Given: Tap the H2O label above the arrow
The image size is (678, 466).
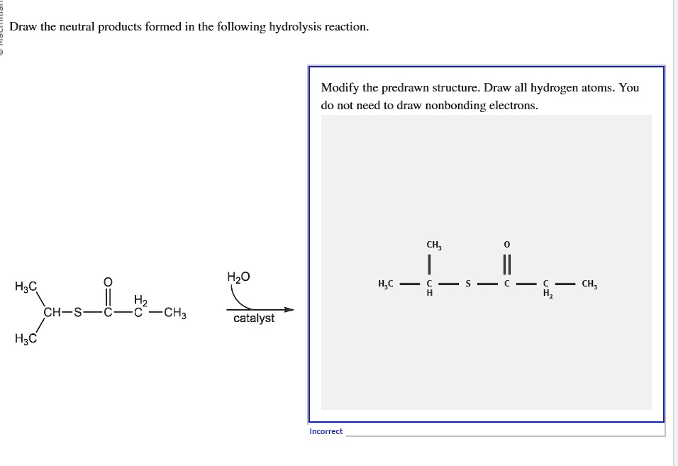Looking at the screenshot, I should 238,277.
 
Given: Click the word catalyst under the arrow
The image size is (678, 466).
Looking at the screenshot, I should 254,318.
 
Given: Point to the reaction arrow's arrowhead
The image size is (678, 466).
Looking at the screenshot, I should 289,309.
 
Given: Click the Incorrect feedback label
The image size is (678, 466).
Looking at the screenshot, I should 326,431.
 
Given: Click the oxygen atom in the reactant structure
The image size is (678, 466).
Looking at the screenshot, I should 107,282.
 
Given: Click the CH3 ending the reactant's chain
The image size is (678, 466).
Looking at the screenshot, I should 174,312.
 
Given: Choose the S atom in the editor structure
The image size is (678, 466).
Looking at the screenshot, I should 467,284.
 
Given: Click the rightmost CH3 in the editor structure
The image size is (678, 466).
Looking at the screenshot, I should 589,284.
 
